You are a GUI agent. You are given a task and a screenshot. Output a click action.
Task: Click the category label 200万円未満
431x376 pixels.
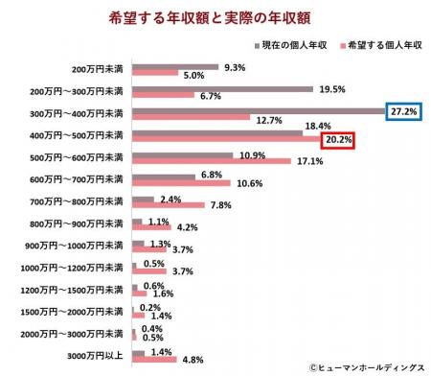98,70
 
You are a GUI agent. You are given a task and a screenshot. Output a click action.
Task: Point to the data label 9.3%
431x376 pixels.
234,66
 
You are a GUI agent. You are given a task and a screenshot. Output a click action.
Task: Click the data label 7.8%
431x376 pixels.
220,205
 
